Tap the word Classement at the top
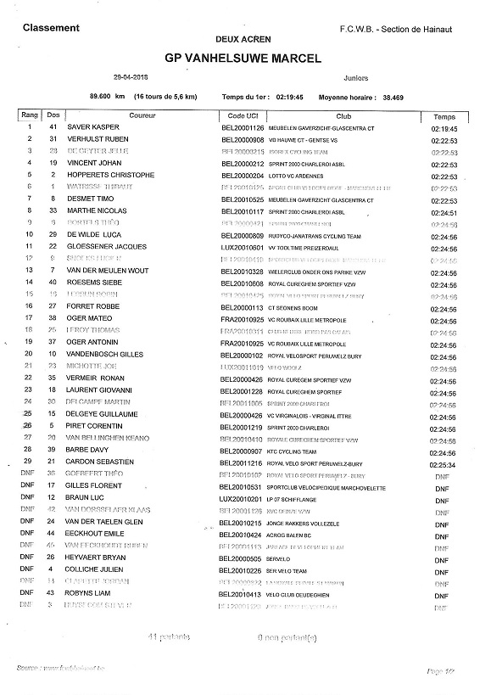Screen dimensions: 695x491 [51, 28]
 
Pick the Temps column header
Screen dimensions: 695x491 [444, 116]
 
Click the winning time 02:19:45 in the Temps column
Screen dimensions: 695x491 [444, 128]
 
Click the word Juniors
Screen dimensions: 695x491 [357, 76]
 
